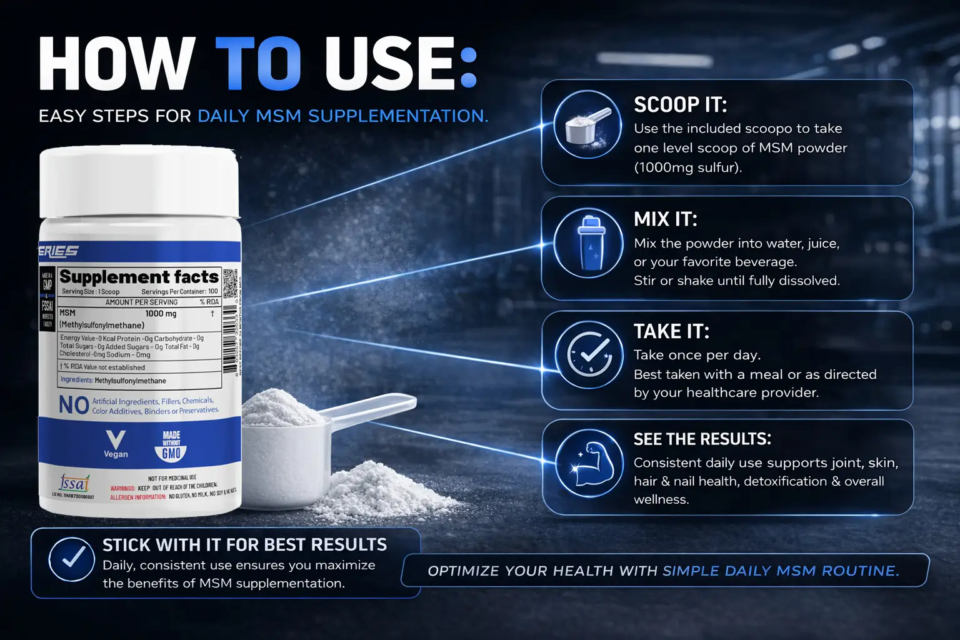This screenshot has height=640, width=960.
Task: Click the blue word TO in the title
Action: (x=258, y=63)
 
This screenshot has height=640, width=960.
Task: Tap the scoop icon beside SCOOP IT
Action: (x=587, y=124)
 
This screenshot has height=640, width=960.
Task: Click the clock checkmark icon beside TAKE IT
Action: (x=589, y=355)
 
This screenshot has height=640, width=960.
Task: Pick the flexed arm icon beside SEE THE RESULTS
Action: (x=589, y=464)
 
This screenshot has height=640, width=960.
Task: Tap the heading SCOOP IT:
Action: (x=680, y=104)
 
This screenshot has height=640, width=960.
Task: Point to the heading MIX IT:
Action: (x=665, y=219)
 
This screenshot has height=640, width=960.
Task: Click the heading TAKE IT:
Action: (x=671, y=331)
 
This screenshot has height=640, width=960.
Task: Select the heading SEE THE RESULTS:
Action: (x=702, y=439)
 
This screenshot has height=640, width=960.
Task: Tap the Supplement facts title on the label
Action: (x=139, y=277)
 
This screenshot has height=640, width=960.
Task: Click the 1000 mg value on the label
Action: (x=161, y=314)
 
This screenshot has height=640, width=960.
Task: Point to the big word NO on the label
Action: (x=74, y=405)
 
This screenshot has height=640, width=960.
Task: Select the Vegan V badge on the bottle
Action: (x=116, y=443)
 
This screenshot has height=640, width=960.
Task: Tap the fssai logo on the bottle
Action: (x=74, y=483)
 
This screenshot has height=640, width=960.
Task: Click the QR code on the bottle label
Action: (x=230, y=282)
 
